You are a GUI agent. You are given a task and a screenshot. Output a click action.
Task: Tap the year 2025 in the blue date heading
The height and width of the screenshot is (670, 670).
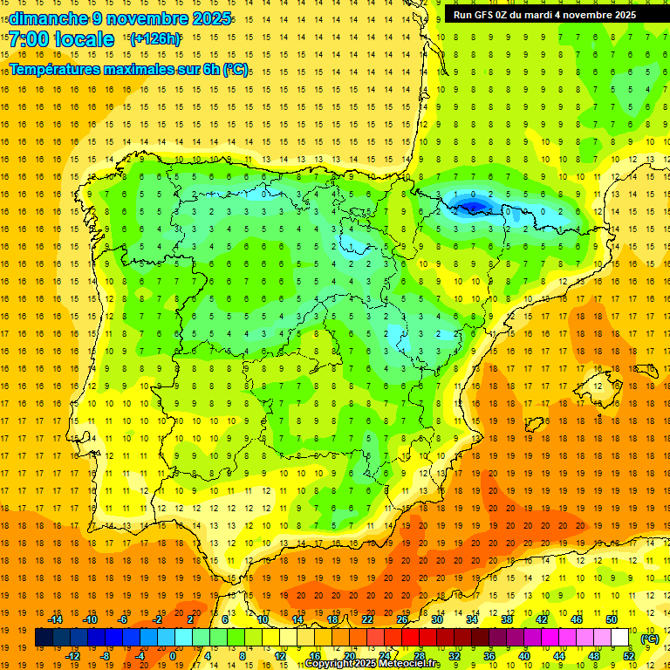click(212, 18)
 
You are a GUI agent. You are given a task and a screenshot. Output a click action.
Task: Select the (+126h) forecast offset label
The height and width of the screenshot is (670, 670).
click(154, 38)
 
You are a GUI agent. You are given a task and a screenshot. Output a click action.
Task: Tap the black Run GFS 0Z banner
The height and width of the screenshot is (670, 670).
click(554, 15)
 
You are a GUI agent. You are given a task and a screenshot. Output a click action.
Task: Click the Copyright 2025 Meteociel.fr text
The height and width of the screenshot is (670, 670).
click(373, 664)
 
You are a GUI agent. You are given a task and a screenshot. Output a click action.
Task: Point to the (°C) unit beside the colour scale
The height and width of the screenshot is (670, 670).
click(650, 638)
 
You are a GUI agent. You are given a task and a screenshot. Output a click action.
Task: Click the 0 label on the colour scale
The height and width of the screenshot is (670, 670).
click(173, 656)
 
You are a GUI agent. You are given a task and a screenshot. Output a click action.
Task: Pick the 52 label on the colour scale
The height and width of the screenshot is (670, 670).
click(629, 656)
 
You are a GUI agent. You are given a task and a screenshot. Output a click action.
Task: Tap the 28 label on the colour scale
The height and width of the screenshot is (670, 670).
click(419, 656)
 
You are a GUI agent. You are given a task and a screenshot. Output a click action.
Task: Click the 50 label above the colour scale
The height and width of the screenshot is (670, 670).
click(612, 619)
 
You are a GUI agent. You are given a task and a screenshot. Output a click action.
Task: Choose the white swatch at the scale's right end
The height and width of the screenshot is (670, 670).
click(620, 638)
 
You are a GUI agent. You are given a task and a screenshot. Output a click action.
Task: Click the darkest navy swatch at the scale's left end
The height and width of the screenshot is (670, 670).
click(44, 638)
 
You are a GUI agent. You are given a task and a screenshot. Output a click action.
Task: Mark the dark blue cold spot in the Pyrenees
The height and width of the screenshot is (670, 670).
click(472, 206)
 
